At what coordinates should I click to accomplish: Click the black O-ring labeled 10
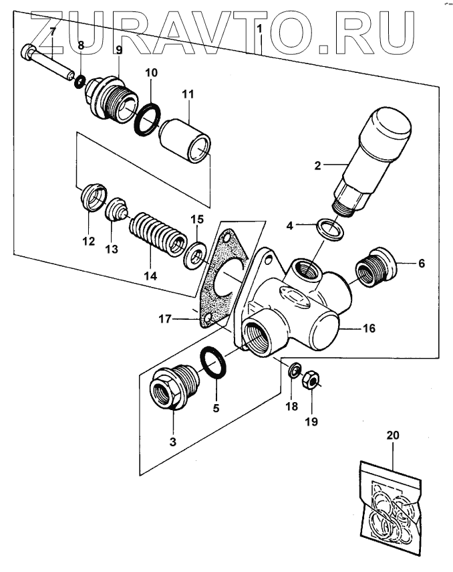click(x=149, y=118)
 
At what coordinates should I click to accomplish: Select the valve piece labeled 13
click(x=117, y=209)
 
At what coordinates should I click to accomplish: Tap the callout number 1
click(x=260, y=31)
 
